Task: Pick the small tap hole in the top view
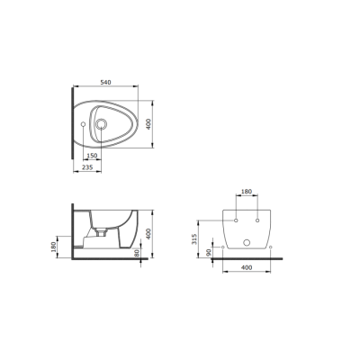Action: (x=82, y=123)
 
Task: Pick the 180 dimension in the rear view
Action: (x=245, y=193)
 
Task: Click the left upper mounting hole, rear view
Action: (x=235, y=220)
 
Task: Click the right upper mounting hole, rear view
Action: (x=257, y=220)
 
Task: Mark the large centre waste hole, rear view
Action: (x=246, y=243)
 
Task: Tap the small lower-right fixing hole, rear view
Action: (x=269, y=245)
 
